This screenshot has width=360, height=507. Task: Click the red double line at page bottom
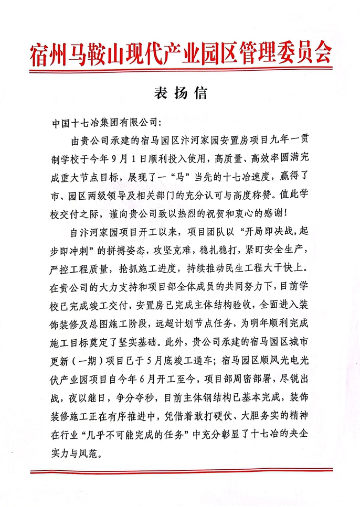[180, 471]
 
